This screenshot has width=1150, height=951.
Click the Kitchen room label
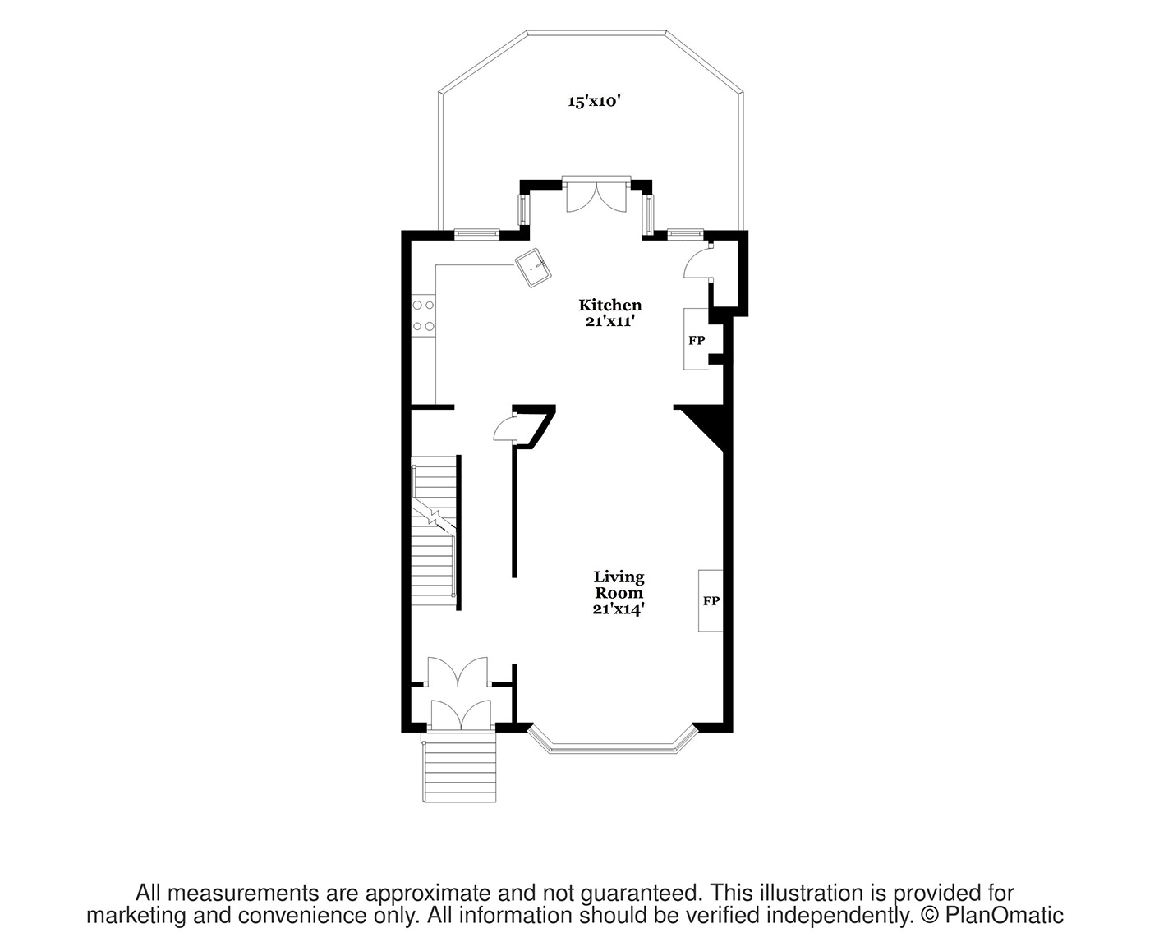609,306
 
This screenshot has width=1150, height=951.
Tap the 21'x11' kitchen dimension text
609,322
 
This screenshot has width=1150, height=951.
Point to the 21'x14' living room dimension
619,609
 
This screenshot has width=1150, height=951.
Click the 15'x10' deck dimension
593,102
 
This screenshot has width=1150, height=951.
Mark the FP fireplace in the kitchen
696,339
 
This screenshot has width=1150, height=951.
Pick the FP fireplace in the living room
711,600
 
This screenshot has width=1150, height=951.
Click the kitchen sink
534,268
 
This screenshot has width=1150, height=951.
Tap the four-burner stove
424,315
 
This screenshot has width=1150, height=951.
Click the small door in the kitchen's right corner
698,264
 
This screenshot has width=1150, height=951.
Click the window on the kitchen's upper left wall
476,234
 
